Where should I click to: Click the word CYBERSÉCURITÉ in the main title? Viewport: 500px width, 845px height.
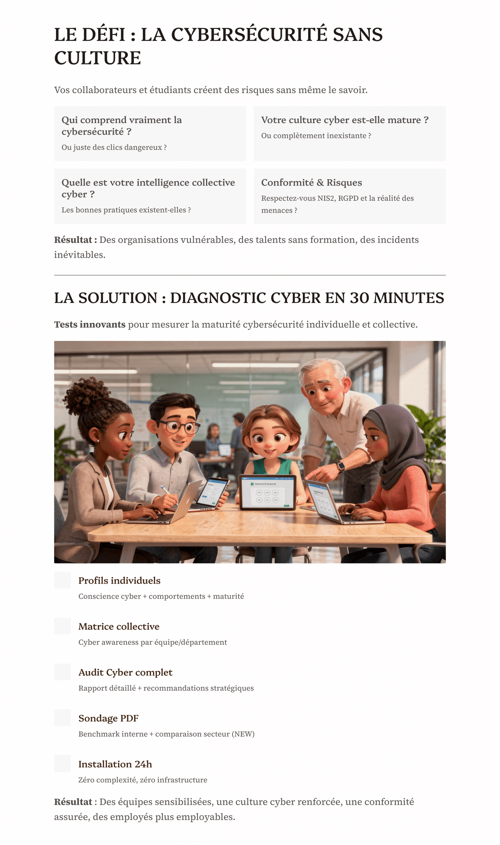click(249, 34)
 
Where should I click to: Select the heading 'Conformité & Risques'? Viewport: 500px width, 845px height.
click(311, 183)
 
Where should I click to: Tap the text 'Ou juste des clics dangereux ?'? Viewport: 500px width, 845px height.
click(114, 148)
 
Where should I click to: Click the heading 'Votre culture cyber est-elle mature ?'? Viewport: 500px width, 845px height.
click(345, 120)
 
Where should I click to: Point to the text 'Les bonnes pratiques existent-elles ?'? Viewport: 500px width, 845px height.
click(126, 210)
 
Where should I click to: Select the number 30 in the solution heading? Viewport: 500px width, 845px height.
click(359, 298)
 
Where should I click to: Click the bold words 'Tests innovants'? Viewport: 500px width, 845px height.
click(90, 324)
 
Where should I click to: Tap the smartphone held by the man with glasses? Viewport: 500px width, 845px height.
click(213, 492)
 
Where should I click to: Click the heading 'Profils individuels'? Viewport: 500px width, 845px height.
click(119, 581)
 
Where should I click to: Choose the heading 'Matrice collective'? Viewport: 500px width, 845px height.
click(119, 626)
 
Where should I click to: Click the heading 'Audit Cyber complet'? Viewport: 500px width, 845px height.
click(125, 672)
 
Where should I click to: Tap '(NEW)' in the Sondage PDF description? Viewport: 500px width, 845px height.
click(243, 734)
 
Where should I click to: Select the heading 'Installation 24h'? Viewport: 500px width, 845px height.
click(115, 764)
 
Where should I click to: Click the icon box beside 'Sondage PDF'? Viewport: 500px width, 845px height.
click(62, 718)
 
